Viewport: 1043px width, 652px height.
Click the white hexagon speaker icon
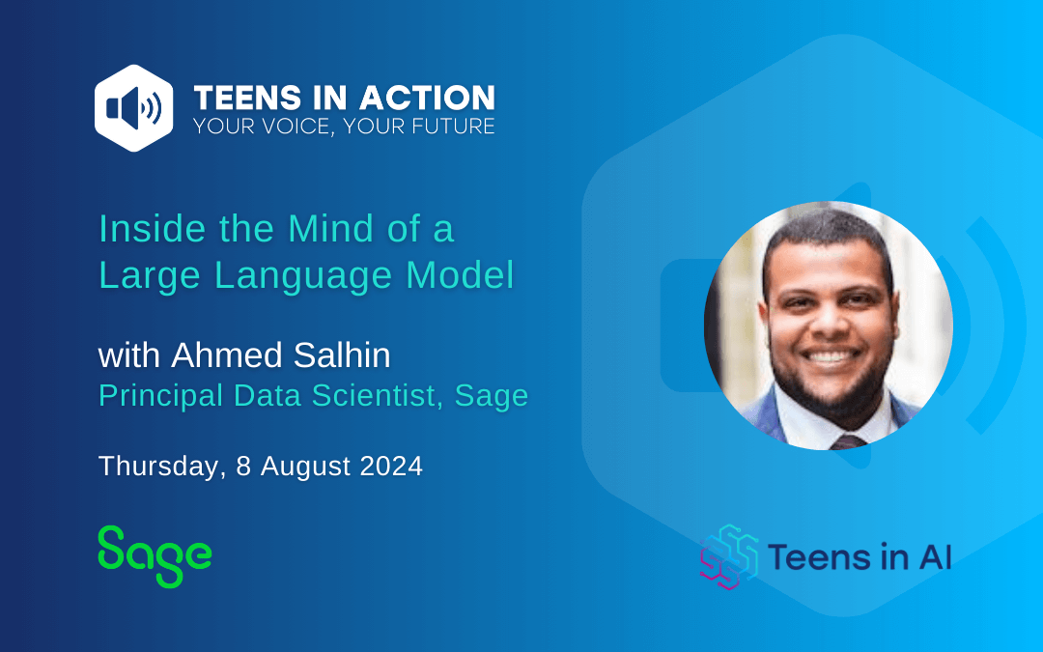point(133,108)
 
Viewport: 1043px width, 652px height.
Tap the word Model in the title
point(461,274)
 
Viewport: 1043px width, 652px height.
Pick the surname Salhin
point(342,354)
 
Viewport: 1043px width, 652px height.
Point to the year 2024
point(391,466)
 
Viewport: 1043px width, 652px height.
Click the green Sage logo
point(155,556)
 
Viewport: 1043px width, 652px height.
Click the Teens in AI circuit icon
point(729,557)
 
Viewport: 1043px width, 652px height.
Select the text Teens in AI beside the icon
point(860,557)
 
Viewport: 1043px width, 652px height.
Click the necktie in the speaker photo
point(848,441)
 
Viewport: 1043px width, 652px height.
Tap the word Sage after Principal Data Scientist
point(492,397)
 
